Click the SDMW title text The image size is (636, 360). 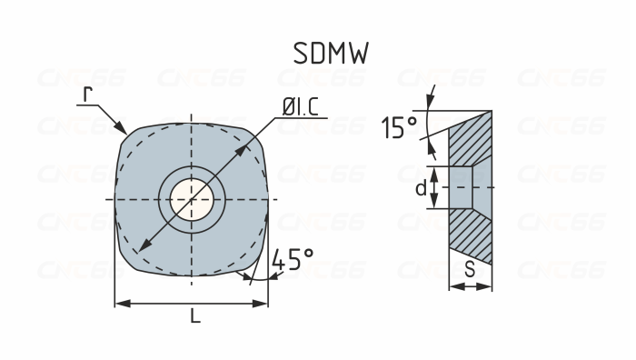[331, 54]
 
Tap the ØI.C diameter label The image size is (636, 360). [300, 107]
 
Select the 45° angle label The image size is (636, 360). [293, 260]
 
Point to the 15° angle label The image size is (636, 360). [398, 128]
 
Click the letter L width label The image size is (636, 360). [194, 316]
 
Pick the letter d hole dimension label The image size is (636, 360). [420, 188]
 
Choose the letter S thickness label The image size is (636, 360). [470, 270]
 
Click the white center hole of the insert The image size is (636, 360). [192, 197]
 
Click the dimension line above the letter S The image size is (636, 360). [471, 286]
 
